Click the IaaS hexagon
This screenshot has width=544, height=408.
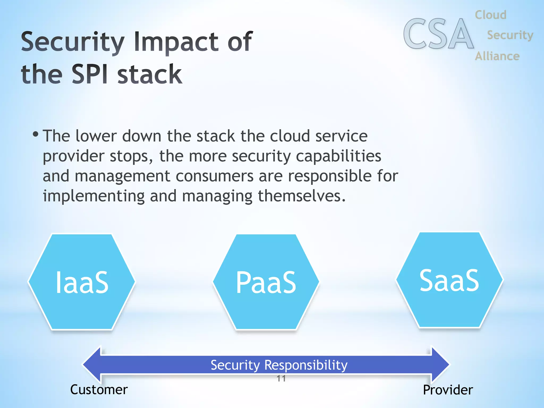click(x=82, y=282)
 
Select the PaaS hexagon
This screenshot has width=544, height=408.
click(x=266, y=282)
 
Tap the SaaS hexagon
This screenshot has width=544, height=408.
click(x=449, y=280)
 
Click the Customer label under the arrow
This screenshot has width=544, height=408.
click(x=99, y=390)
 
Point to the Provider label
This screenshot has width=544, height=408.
click(x=448, y=390)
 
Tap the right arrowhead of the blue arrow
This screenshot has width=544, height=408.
click(x=440, y=365)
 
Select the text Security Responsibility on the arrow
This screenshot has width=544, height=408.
click(x=279, y=365)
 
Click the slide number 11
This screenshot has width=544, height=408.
click(x=281, y=379)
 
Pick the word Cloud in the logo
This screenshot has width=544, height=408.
click(x=490, y=15)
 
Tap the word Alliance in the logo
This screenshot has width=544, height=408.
click(x=497, y=56)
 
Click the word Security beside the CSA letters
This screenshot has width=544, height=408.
click(x=510, y=35)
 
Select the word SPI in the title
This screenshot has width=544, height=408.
click(x=90, y=74)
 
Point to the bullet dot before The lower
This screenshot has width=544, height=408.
click(x=35, y=134)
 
